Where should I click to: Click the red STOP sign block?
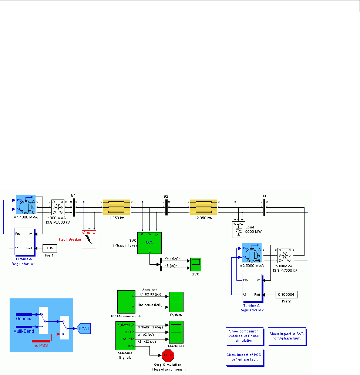(168, 356)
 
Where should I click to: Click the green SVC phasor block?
(149, 243)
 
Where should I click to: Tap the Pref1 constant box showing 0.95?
(50, 248)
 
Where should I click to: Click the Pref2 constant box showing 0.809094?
(286, 295)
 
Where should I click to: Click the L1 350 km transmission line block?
(116, 207)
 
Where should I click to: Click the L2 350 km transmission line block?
(203, 207)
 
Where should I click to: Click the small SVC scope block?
(195, 264)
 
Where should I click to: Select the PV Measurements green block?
(126, 302)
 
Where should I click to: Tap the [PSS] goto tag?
(83, 328)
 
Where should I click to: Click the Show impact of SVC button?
(287, 336)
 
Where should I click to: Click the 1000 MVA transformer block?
(58, 207)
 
